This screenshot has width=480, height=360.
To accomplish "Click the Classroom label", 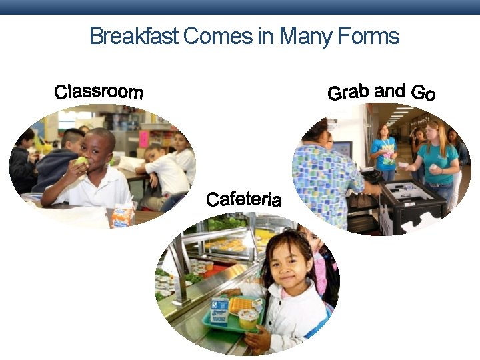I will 99,92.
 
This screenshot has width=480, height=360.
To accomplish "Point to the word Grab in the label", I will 349,93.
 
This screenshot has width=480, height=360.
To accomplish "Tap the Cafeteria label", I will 243,199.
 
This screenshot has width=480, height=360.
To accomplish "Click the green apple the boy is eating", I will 82,161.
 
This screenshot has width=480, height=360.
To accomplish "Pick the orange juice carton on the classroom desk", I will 122,215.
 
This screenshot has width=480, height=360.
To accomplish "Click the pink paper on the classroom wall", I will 143,139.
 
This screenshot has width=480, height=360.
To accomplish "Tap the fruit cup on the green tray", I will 248,318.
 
